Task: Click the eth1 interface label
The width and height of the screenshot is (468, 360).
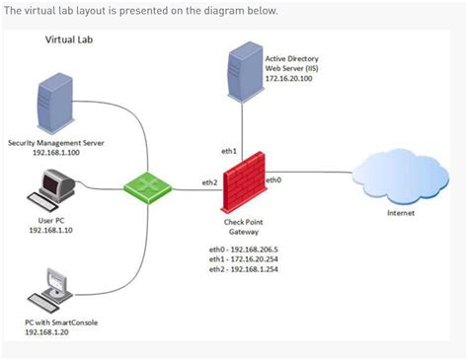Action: [228, 151]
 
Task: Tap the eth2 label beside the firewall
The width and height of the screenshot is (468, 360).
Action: [209, 182]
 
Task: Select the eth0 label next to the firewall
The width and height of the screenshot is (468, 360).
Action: [273, 180]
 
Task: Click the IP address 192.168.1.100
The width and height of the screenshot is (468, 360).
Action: [55, 154]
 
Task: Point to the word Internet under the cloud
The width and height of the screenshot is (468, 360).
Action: [400, 212]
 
